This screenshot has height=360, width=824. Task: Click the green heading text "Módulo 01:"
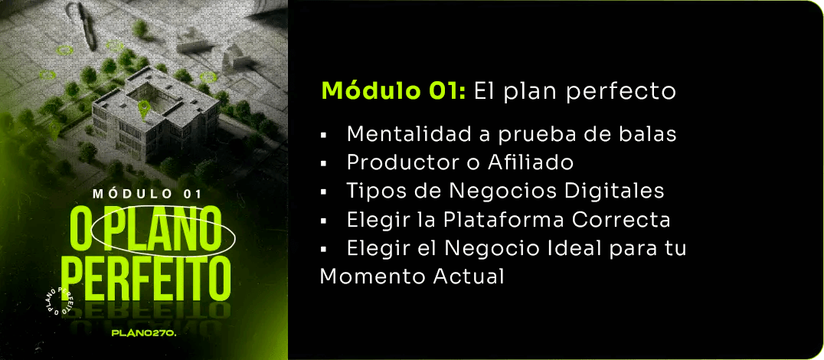tap(394, 91)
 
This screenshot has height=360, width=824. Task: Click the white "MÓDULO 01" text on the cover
tap(147, 193)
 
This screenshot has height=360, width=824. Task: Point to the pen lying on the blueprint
tap(87, 26)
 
